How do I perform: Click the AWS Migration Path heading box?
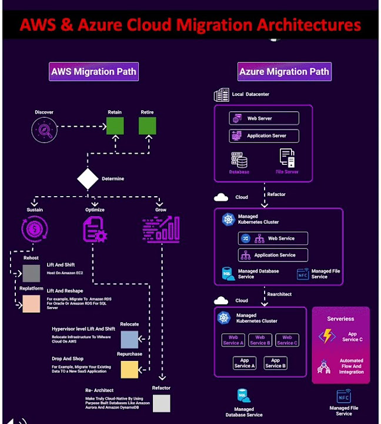tap(93, 72)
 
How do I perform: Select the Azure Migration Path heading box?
tap(284, 72)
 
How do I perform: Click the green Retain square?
tap(115, 126)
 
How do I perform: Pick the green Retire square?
tap(147, 126)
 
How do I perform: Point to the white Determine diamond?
tap(88, 178)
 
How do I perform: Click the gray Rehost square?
tap(31, 273)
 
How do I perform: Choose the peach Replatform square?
tap(31, 304)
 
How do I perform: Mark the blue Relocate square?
tap(129, 340)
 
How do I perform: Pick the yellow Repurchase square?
tap(129, 369)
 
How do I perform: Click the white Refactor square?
tap(161, 403)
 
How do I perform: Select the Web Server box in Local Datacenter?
tap(264, 118)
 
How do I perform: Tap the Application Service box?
tap(273, 255)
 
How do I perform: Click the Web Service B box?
tap(259, 340)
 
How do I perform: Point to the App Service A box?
tap(245, 363)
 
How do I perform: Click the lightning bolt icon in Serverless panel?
tap(327, 336)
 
